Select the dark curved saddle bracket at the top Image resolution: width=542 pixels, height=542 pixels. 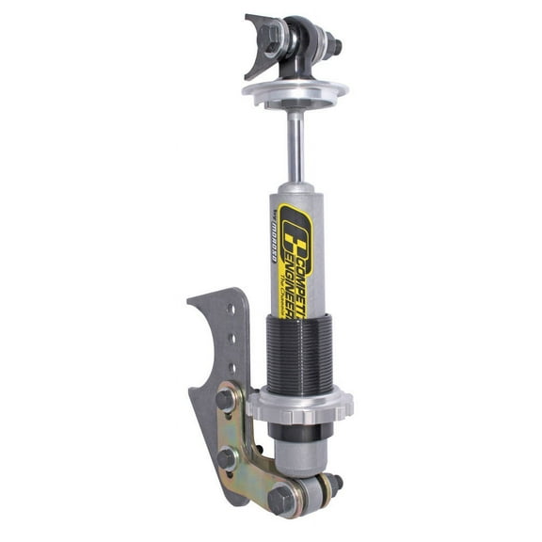tap(256, 42)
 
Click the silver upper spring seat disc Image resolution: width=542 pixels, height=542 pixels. tap(294, 90)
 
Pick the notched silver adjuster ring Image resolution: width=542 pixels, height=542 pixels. tap(301, 405)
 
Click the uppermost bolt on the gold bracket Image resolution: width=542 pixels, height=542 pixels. tap(227, 400)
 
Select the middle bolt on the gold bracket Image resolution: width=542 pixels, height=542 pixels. tap(228, 457)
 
